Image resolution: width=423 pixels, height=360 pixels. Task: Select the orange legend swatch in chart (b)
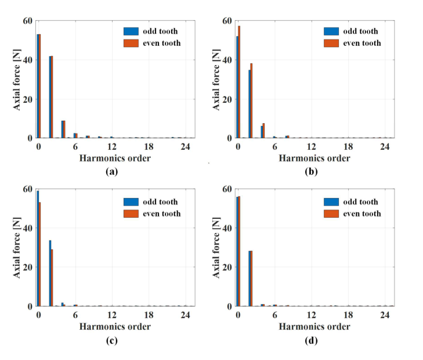click(330, 43)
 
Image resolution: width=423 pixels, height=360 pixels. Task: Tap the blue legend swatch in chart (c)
click(129, 201)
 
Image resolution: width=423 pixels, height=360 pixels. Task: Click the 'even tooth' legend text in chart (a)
click(160, 43)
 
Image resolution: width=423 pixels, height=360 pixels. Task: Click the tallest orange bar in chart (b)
click(239, 82)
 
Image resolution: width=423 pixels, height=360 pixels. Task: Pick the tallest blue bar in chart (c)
click(38, 248)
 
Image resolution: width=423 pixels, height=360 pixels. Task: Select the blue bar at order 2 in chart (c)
click(50, 273)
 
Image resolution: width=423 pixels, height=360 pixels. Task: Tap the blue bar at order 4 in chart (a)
click(62, 129)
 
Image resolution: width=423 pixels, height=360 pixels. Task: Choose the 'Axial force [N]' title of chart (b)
click(216, 80)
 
